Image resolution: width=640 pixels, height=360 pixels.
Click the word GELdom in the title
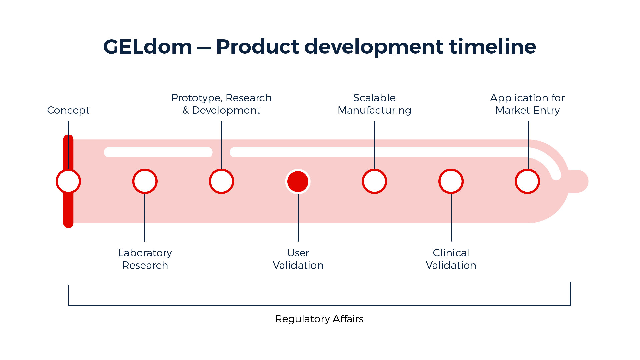[148, 47]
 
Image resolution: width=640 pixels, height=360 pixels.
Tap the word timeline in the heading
[493, 47]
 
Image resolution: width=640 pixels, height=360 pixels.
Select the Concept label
[68, 110]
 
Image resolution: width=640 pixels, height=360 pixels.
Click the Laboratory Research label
[145, 259]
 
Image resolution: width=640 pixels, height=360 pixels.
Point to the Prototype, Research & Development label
[221, 104]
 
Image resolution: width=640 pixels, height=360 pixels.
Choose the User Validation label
[298, 259]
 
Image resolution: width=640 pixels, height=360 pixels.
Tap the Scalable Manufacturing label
[374, 104]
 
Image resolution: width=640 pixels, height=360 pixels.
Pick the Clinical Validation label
[451, 259]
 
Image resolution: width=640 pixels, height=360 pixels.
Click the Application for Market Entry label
[527, 104]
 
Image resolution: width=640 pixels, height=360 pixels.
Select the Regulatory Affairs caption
[319, 319]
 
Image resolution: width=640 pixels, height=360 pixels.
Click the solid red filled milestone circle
[298, 181]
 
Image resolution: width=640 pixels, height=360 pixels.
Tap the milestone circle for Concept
[68, 181]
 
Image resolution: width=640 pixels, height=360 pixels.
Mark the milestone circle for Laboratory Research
[145, 181]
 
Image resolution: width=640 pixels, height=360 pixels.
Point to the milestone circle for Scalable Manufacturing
[374, 181]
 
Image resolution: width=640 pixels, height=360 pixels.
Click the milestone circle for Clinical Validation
[451, 181]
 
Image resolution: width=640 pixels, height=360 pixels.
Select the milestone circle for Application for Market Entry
[527, 181]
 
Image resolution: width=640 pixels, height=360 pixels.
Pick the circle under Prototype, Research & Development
[221, 181]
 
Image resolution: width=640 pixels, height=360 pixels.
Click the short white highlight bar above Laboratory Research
[158, 152]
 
